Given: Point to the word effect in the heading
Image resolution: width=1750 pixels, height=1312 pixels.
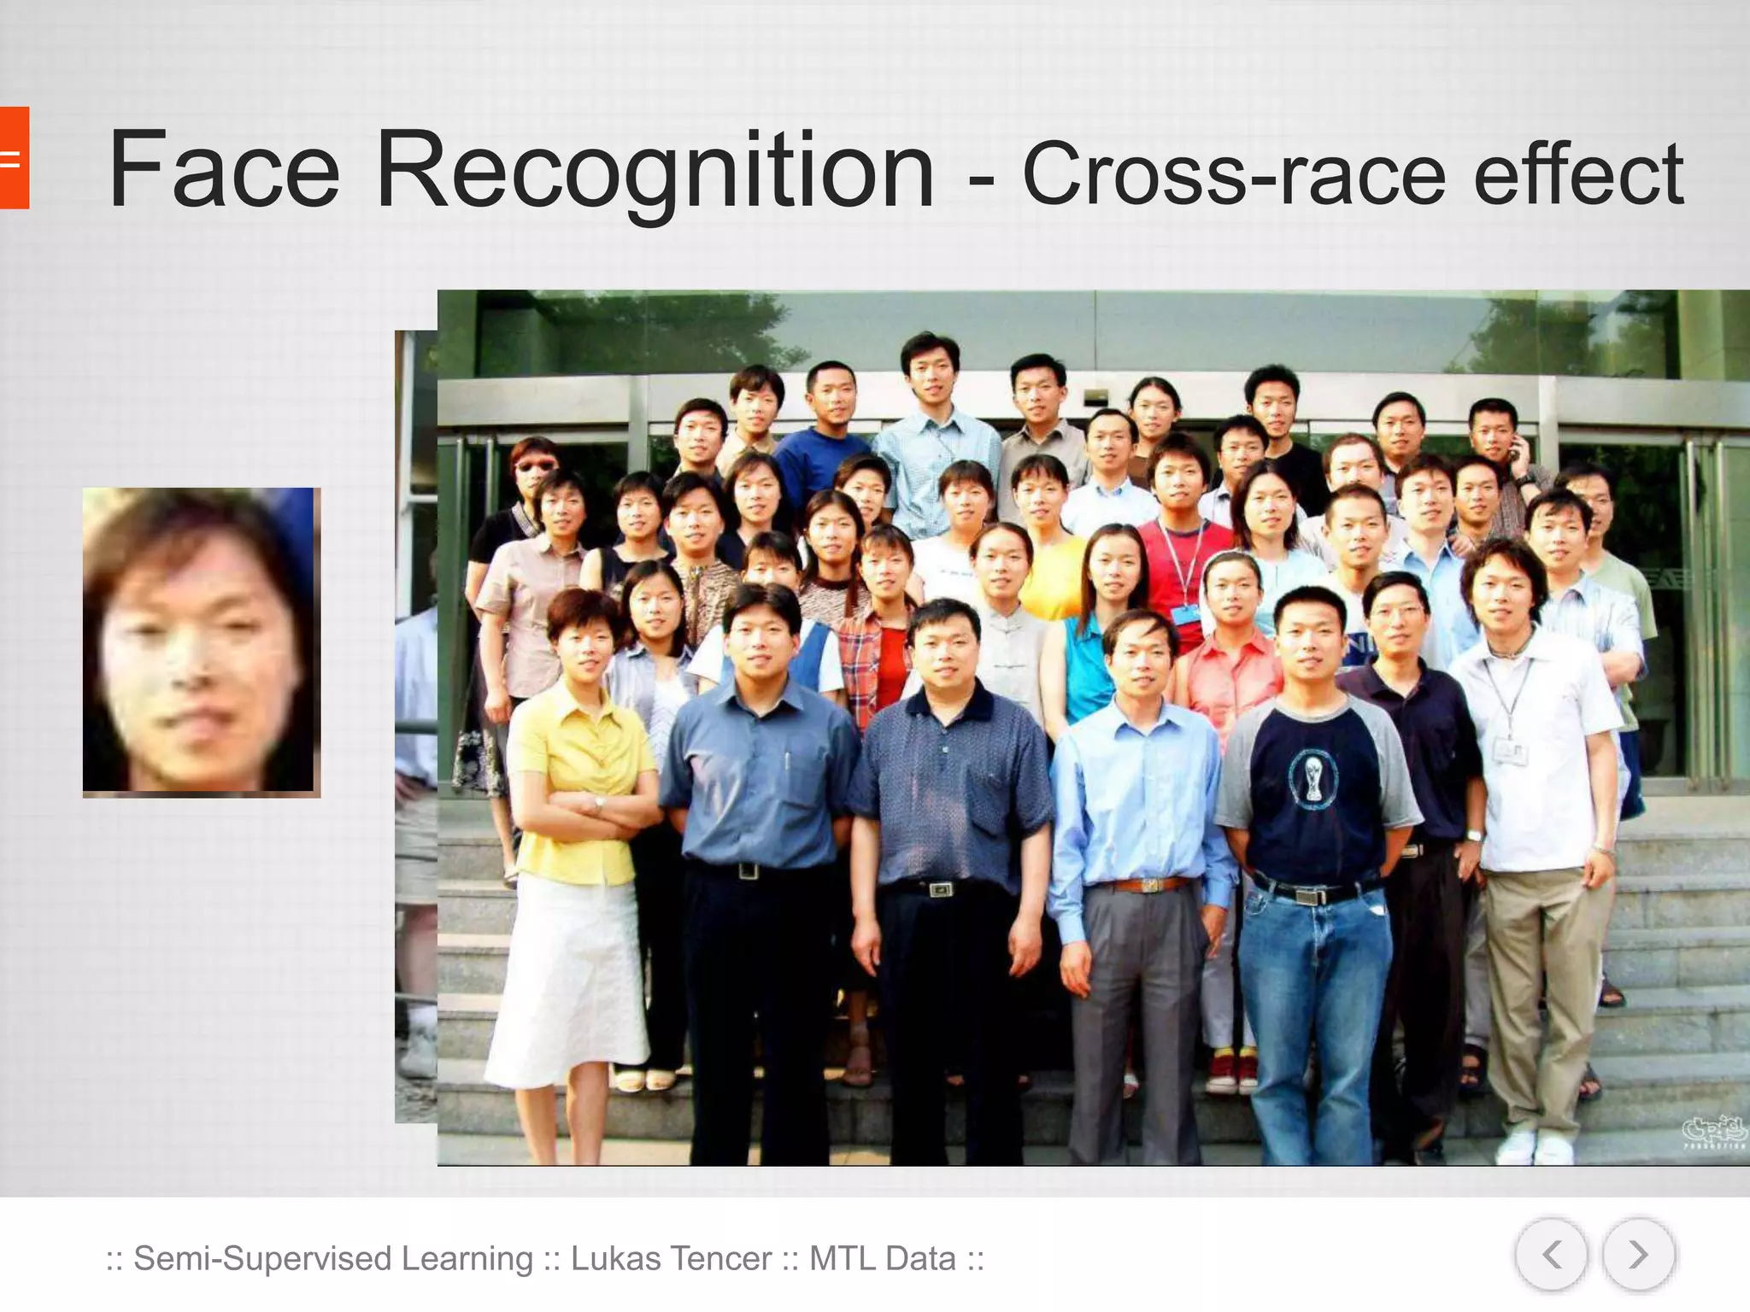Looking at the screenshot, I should (1578, 174).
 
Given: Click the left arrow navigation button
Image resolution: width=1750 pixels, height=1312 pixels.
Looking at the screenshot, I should (1551, 1255).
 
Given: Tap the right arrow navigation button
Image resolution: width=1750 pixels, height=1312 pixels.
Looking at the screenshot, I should (1637, 1255).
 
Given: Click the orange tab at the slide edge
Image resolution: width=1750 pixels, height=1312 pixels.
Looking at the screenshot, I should (14, 158).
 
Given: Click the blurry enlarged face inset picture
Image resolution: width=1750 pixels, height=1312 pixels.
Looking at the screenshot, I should (202, 642).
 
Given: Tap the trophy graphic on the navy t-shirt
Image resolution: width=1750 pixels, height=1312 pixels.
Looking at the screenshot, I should (1309, 776).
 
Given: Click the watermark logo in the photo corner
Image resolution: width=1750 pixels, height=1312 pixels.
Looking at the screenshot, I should (1714, 1132).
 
